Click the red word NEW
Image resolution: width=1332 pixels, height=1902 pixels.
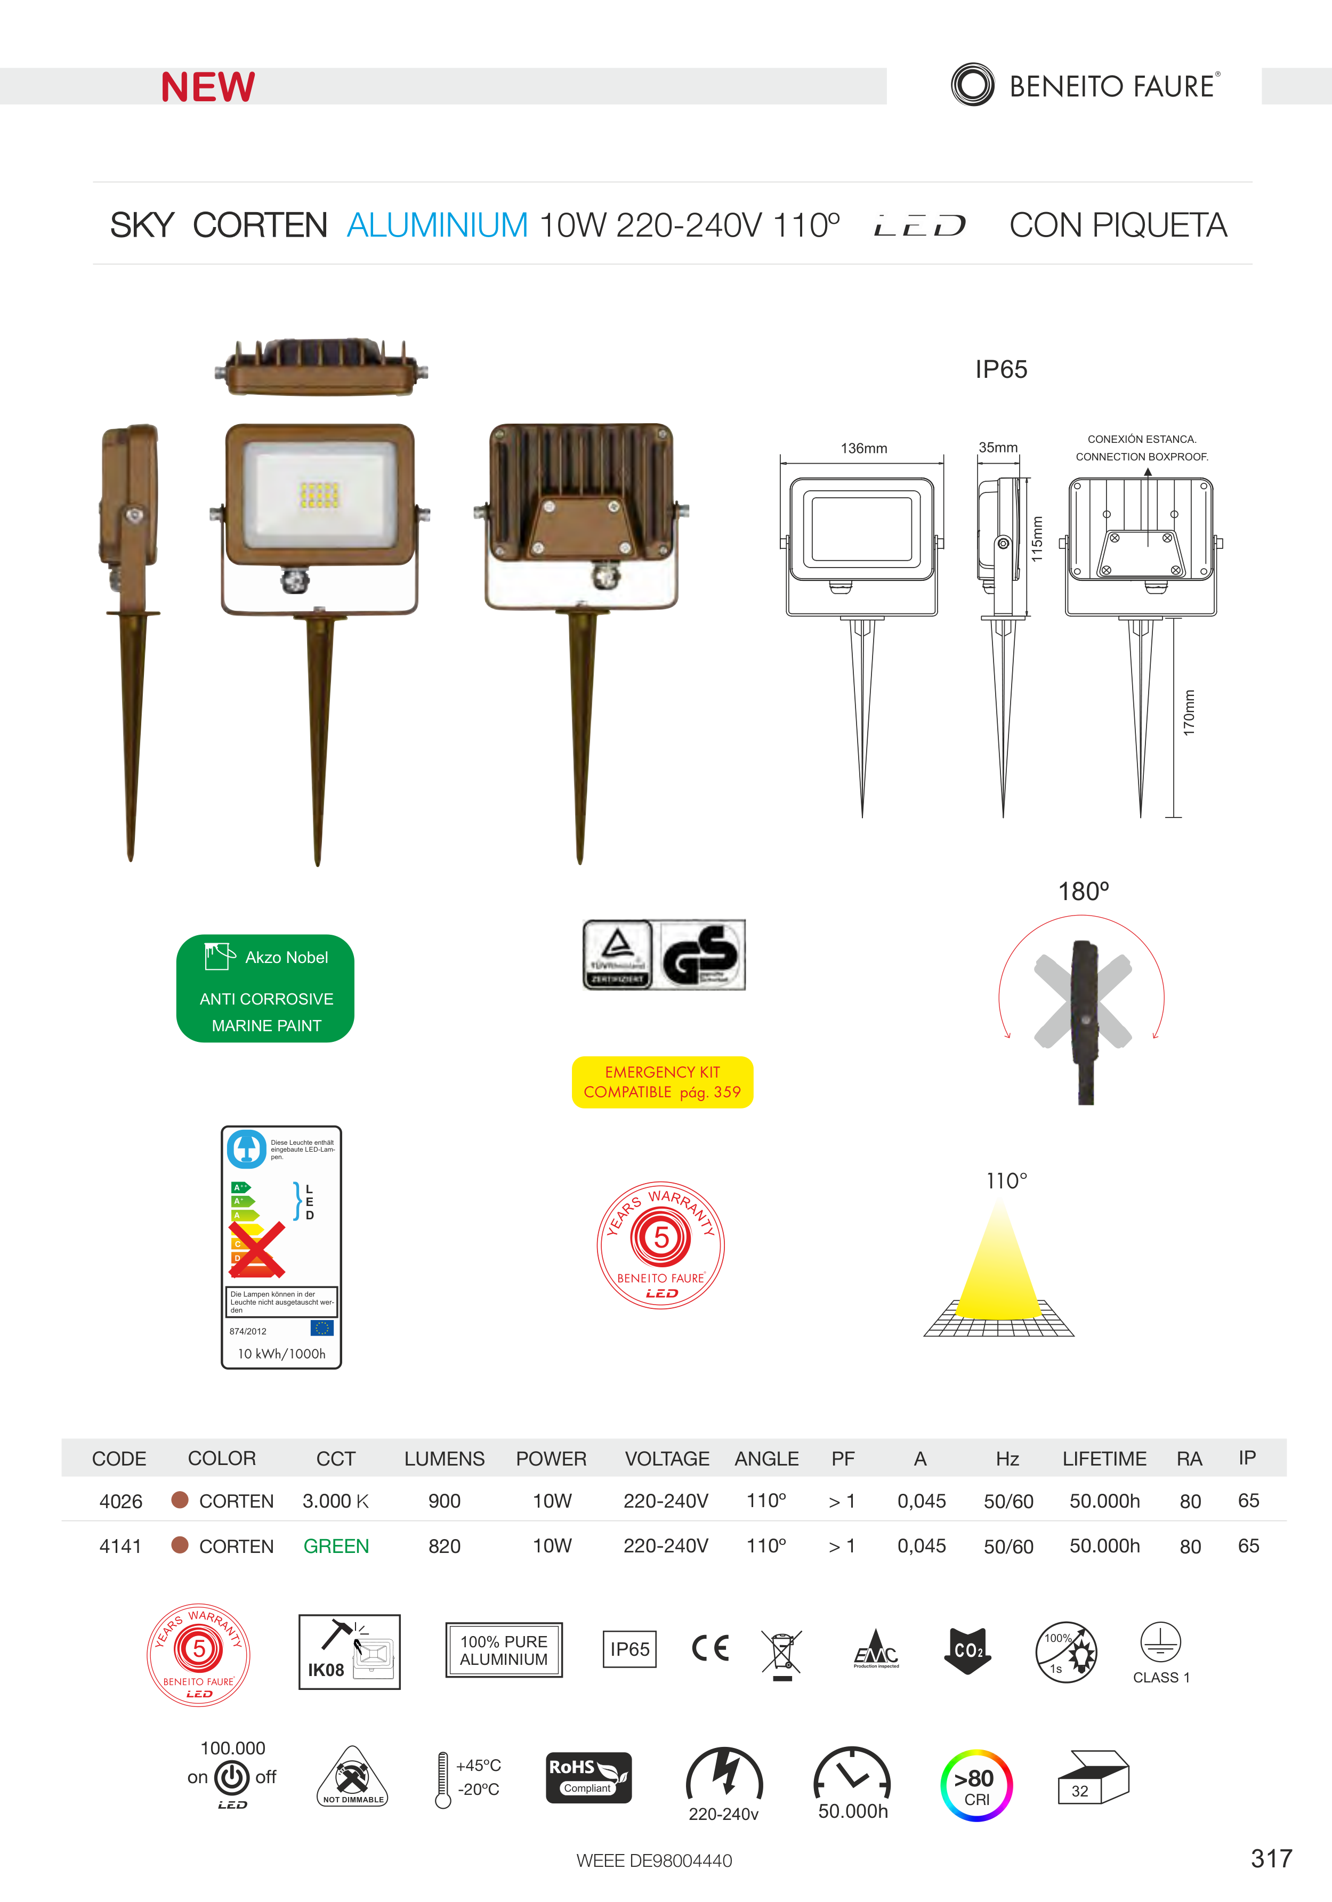point(208,87)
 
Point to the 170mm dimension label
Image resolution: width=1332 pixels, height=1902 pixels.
point(1189,713)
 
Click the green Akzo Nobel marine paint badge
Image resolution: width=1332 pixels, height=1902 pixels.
point(265,988)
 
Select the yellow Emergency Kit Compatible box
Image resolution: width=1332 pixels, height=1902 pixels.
point(662,1082)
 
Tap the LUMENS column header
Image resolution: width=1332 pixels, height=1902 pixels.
point(444,1459)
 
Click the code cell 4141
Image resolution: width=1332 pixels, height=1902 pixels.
point(120,1547)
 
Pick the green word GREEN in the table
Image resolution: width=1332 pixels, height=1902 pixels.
point(335,1547)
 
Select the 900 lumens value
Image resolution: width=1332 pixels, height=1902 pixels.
point(444,1501)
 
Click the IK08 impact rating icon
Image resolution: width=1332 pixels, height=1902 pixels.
point(349,1652)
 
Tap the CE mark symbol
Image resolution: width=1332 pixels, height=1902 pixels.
point(710,1648)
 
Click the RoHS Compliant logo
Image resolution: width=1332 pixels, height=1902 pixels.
point(588,1778)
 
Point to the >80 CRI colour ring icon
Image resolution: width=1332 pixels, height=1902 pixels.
point(976,1785)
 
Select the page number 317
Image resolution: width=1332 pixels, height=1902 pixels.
point(1271,1858)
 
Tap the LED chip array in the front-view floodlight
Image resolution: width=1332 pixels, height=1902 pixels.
point(319,495)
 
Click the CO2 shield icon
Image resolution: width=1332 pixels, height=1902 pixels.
point(967,1650)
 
